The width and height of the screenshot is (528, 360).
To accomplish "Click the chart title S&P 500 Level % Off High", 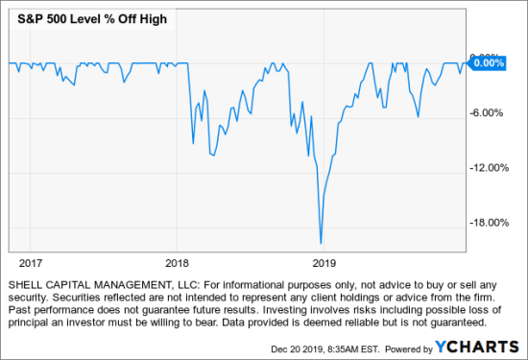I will [79, 19].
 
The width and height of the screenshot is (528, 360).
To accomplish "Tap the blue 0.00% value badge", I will [488, 62].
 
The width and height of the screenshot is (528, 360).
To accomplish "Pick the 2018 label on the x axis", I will [177, 261].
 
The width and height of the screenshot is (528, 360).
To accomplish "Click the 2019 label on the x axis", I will [324, 261].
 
